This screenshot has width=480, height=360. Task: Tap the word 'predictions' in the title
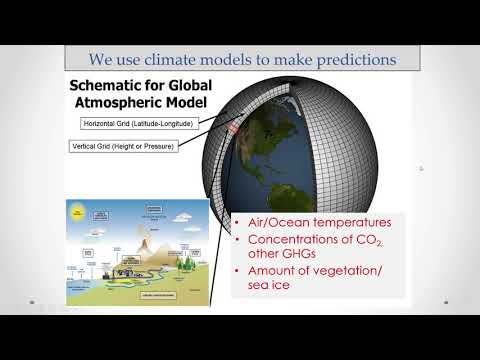pyautogui.click(x=348, y=60)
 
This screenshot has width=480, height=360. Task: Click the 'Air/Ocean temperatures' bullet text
pyautogui.click(x=306, y=223)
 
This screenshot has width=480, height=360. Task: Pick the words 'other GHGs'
pyautogui.click(x=275, y=257)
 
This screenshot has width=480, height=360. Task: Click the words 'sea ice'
pyautogui.click(x=262, y=291)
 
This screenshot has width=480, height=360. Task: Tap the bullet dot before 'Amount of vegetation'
pyautogui.click(x=235, y=274)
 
